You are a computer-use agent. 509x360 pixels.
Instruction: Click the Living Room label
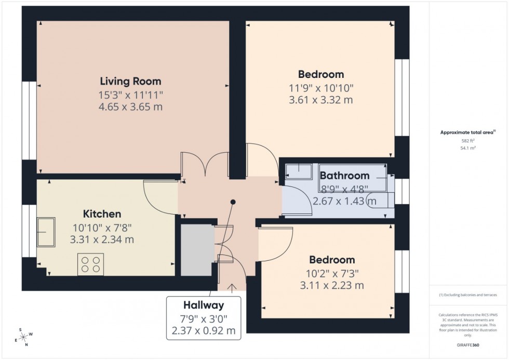[130, 82]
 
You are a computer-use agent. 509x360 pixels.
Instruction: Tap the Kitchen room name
[102, 214]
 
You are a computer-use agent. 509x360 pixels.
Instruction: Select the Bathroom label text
[344, 176]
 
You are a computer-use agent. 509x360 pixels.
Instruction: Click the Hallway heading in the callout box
[204, 305]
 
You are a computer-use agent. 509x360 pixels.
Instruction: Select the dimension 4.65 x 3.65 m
[130, 108]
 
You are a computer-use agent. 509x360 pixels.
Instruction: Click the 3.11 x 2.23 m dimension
[331, 285]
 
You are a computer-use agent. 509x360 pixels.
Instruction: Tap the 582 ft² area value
[468, 141]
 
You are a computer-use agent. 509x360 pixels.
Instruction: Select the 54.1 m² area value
[468, 148]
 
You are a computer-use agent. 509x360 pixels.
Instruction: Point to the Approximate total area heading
[468, 132]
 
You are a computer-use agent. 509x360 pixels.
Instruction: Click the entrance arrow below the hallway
[230, 285]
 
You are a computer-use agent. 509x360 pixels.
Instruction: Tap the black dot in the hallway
[233, 202]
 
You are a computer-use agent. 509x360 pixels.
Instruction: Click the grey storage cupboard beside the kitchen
[197, 250]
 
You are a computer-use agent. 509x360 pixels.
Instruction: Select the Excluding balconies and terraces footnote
[468, 295]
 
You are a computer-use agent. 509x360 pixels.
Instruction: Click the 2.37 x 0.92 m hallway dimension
[204, 330]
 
